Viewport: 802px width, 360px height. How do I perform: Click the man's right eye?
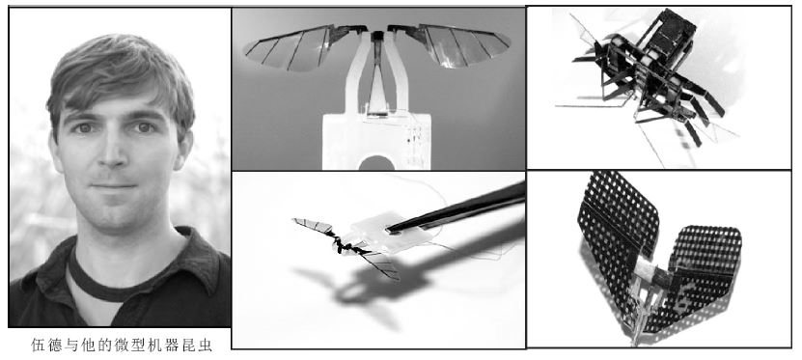click(84, 128)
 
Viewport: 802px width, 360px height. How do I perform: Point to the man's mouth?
click(114, 185)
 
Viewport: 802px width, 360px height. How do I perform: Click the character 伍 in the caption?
click(39, 346)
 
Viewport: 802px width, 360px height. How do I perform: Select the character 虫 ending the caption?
click(206, 346)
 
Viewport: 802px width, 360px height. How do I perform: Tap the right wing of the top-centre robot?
click(450, 45)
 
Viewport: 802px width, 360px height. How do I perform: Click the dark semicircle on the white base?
click(376, 163)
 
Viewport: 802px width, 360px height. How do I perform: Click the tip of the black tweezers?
click(390, 230)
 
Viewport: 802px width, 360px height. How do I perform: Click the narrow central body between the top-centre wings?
click(377, 71)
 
